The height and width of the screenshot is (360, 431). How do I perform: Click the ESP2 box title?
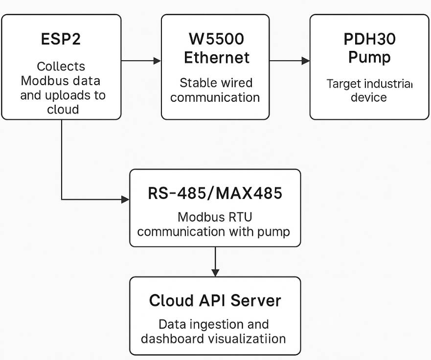tap(61, 39)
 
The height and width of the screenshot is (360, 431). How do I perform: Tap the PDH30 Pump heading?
tap(369, 48)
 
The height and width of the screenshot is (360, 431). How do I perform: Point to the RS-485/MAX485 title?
tap(215, 193)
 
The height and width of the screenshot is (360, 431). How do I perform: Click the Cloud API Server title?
tap(215, 300)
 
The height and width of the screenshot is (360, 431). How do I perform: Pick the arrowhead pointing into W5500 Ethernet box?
tap(157, 61)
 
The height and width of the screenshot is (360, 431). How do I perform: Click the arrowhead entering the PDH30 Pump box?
tap(306, 61)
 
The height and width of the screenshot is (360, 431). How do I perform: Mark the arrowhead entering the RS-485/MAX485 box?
tap(125, 200)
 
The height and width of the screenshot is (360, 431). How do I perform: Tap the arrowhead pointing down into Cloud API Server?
tap(215, 272)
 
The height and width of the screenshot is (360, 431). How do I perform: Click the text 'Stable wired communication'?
tap(215, 90)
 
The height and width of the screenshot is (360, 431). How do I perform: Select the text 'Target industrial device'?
tap(369, 90)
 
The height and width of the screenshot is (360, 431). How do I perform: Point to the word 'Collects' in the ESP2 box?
tap(61, 67)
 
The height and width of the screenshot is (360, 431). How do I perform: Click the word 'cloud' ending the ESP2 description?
tap(63, 109)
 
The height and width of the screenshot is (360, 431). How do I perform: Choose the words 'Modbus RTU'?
tap(215, 217)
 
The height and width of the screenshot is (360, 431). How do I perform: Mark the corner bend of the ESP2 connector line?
tap(62, 200)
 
